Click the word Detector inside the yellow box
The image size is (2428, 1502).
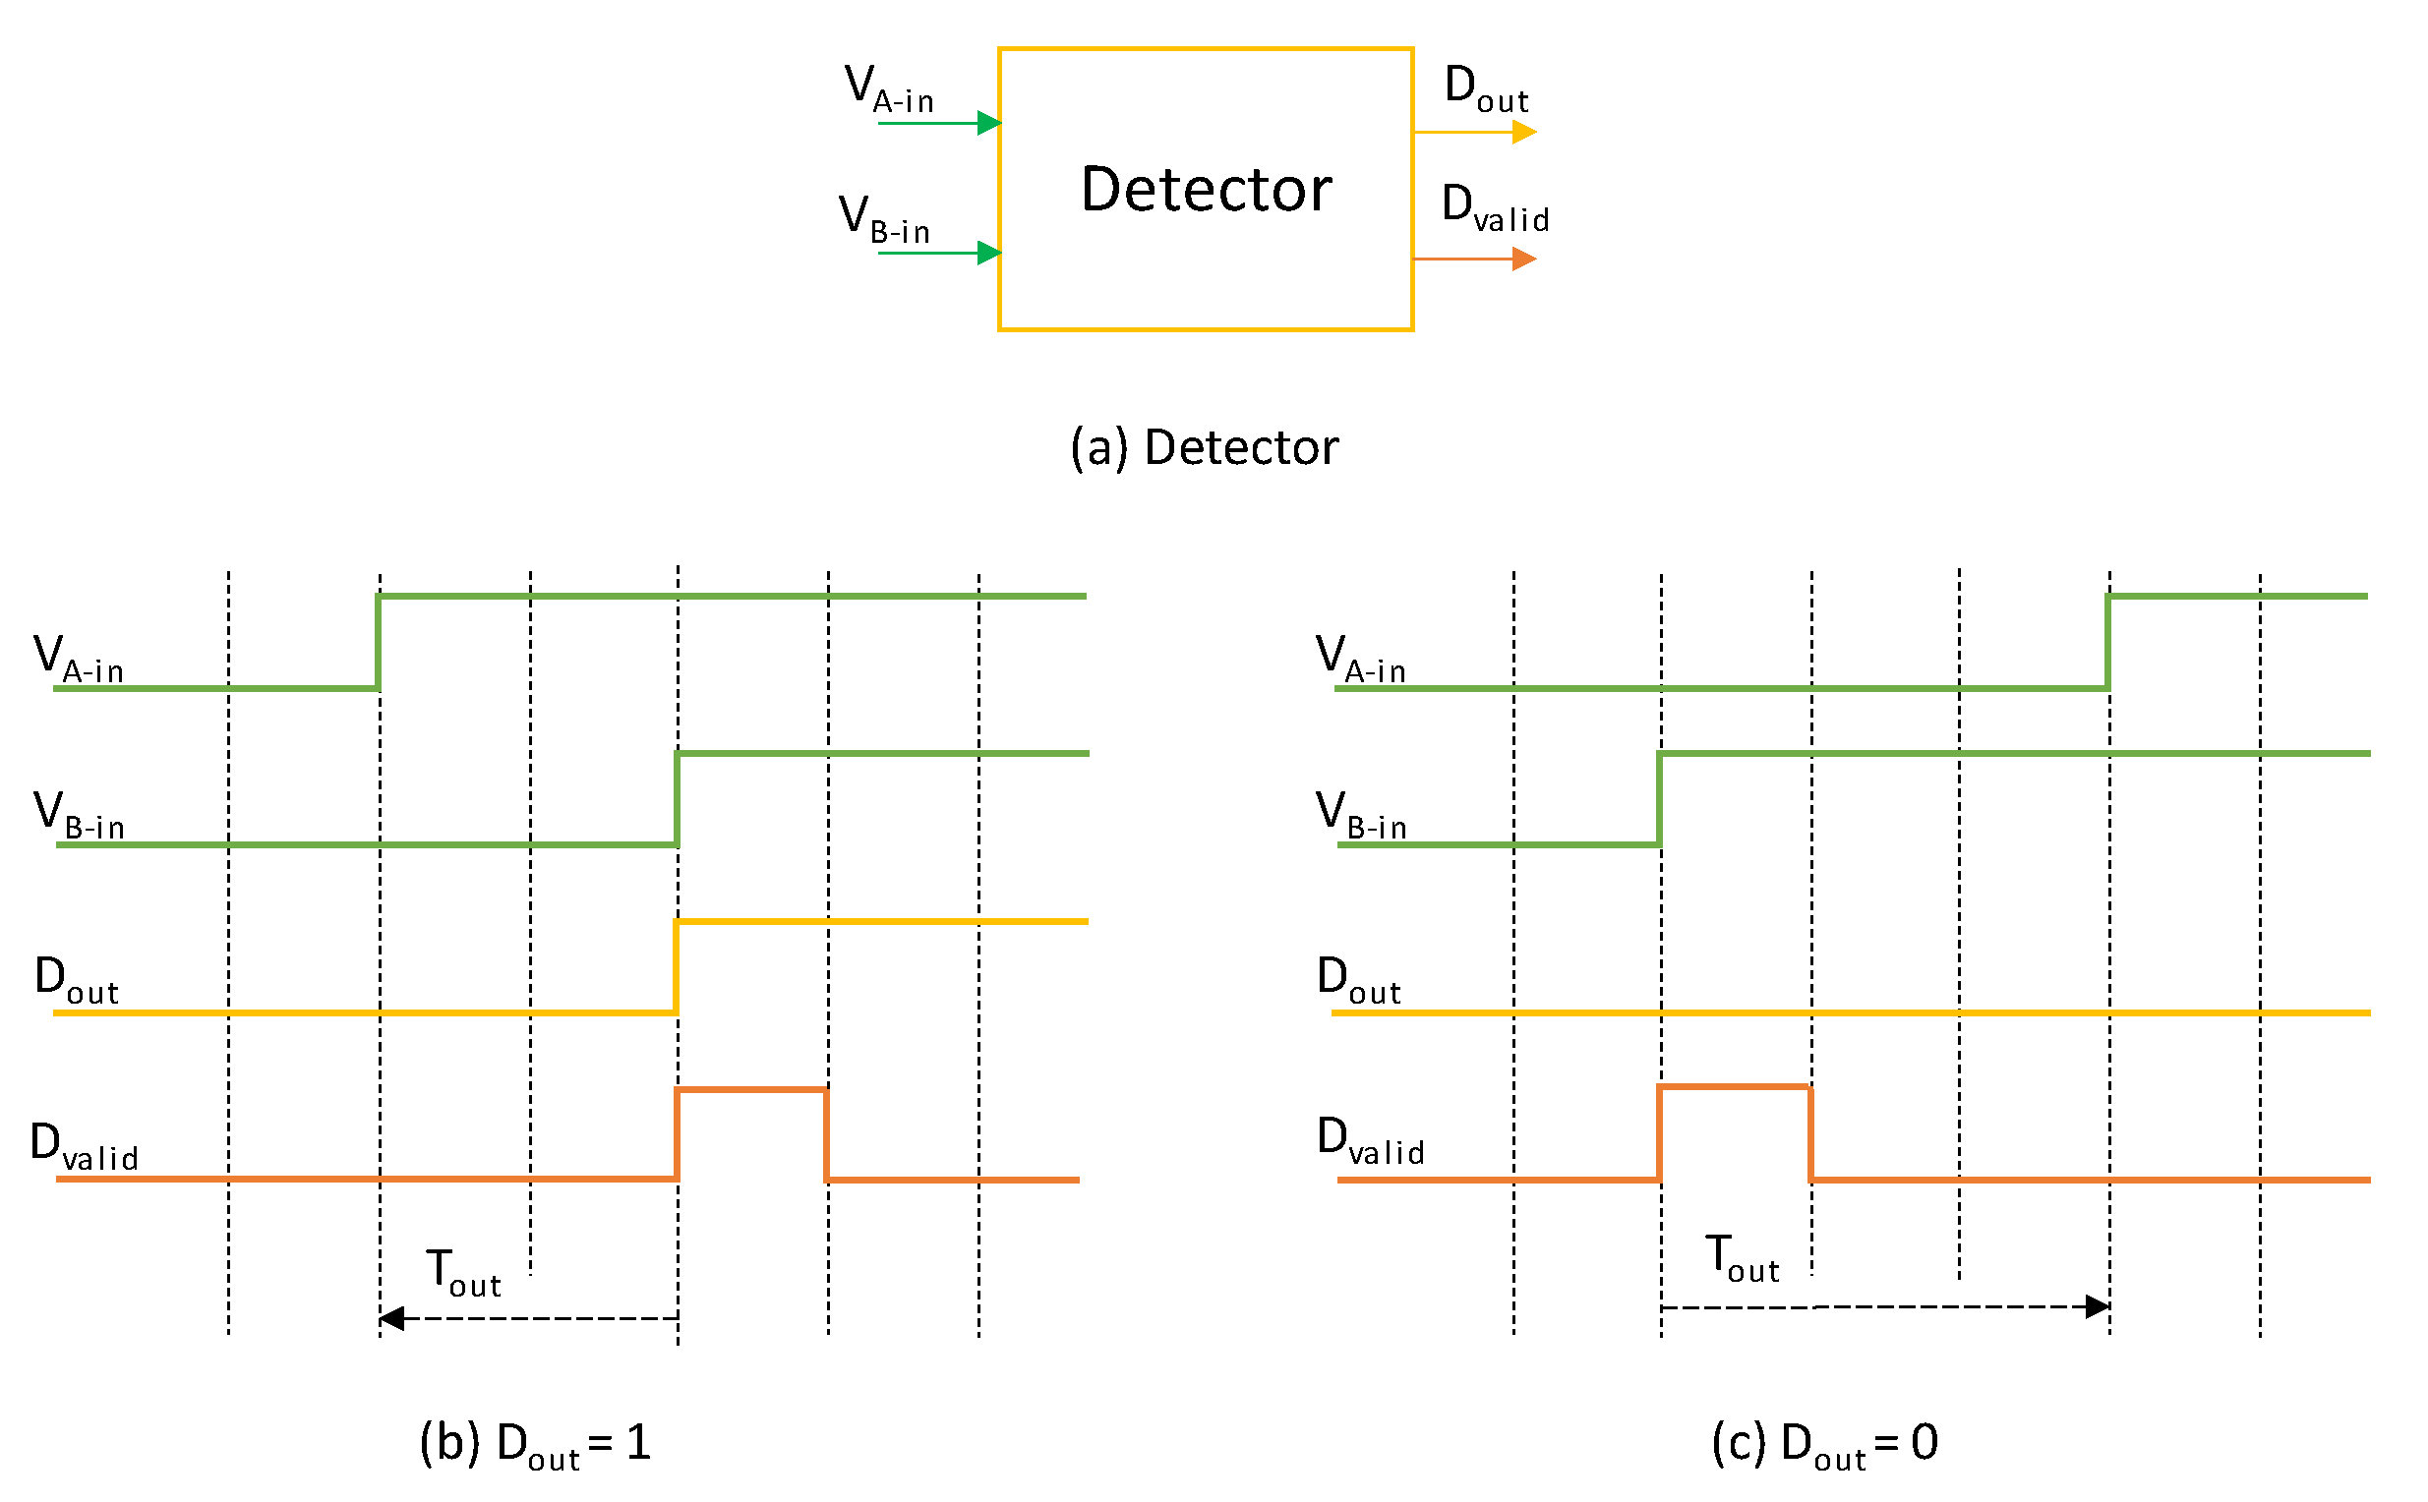(1205, 189)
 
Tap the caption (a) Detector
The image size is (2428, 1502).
(1204, 447)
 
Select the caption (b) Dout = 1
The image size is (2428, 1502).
(535, 1442)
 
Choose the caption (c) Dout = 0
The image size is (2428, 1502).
(1823, 1442)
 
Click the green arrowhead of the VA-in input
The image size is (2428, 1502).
(988, 123)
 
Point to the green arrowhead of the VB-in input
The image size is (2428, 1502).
(988, 253)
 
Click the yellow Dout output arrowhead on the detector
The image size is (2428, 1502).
(1522, 131)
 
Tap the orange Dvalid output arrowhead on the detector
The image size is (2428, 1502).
(1522, 260)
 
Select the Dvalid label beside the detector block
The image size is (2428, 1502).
(1494, 207)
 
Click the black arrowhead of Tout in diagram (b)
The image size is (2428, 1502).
(391, 1318)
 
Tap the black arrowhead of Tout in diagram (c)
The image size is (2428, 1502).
(2096, 1306)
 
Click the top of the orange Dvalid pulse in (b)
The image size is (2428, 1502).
(750, 1090)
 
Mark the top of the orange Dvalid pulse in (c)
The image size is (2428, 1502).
(1734, 1087)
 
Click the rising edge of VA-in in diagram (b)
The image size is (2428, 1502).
(378, 642)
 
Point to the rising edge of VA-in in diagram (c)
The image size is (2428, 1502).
(2107, 642)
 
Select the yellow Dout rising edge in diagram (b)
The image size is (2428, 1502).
(676, 966)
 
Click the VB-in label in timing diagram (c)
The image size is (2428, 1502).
(1361, 814)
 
